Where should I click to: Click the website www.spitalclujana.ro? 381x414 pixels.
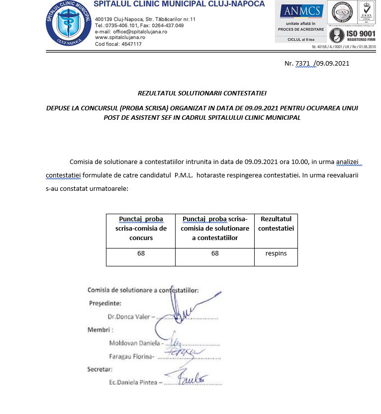[120, 37]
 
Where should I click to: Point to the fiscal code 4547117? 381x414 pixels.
[131, 44]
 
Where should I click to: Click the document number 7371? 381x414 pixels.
[303, 64]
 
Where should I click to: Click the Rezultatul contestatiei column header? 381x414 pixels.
[276, 224]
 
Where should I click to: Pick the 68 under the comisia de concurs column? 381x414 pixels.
[141, 253]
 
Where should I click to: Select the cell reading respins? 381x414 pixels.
[276, 253]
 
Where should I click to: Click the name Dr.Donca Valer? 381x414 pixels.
[128, 316]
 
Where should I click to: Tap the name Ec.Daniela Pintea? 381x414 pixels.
[133, 382]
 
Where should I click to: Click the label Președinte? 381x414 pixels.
[105, 303]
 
